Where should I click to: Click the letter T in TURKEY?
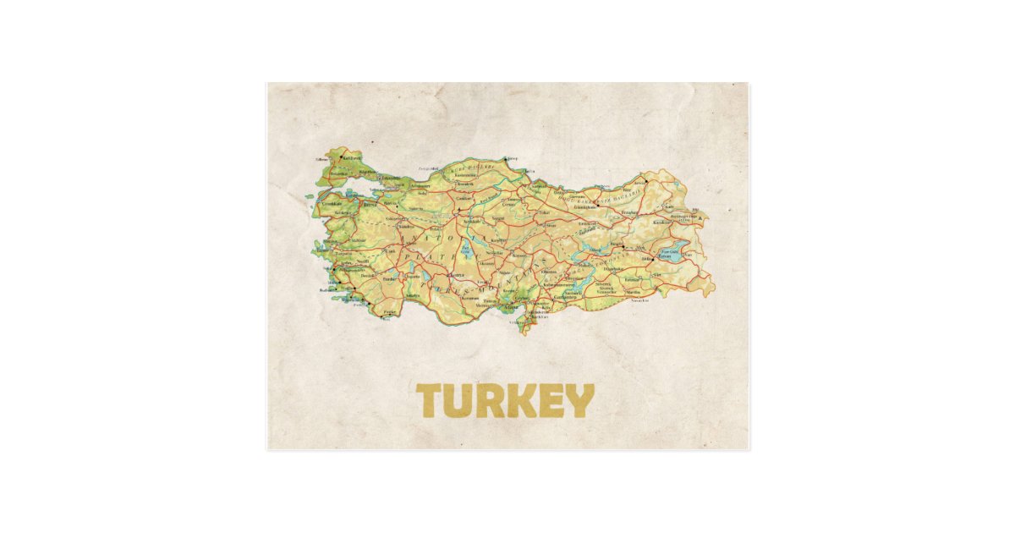(432, 401)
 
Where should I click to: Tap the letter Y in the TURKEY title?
(579, 401)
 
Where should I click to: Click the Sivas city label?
(551, 226)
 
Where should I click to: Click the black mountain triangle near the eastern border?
(700, 217)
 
